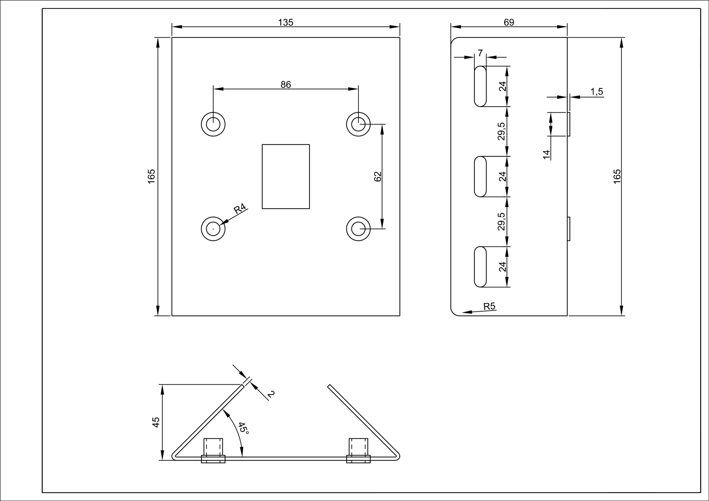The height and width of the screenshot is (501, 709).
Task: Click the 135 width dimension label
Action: (285, 22)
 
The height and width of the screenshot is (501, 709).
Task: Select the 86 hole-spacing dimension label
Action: (286, 84)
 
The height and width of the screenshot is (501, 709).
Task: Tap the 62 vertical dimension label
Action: (378, 176)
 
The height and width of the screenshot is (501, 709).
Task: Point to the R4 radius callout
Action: (240, 209)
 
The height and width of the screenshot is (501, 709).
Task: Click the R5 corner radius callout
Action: (489, 306)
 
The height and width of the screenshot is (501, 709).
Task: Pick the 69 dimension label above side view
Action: (509, 22)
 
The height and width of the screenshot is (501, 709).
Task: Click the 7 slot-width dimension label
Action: (480, 53)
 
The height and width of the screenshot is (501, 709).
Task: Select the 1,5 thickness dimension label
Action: (597, 92)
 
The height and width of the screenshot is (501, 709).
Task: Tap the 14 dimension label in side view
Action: (546, 154)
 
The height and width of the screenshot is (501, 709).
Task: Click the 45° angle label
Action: (244, 428)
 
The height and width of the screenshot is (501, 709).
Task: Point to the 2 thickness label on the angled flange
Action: (271, 394)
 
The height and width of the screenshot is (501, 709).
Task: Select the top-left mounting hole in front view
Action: (213, 124)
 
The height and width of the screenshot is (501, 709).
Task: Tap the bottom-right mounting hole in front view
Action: (358, 229)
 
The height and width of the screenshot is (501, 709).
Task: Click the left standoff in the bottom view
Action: (213, 450)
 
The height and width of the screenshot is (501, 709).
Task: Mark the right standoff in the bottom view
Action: (358, 450)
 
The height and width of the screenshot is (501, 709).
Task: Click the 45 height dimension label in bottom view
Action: (156, 422)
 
